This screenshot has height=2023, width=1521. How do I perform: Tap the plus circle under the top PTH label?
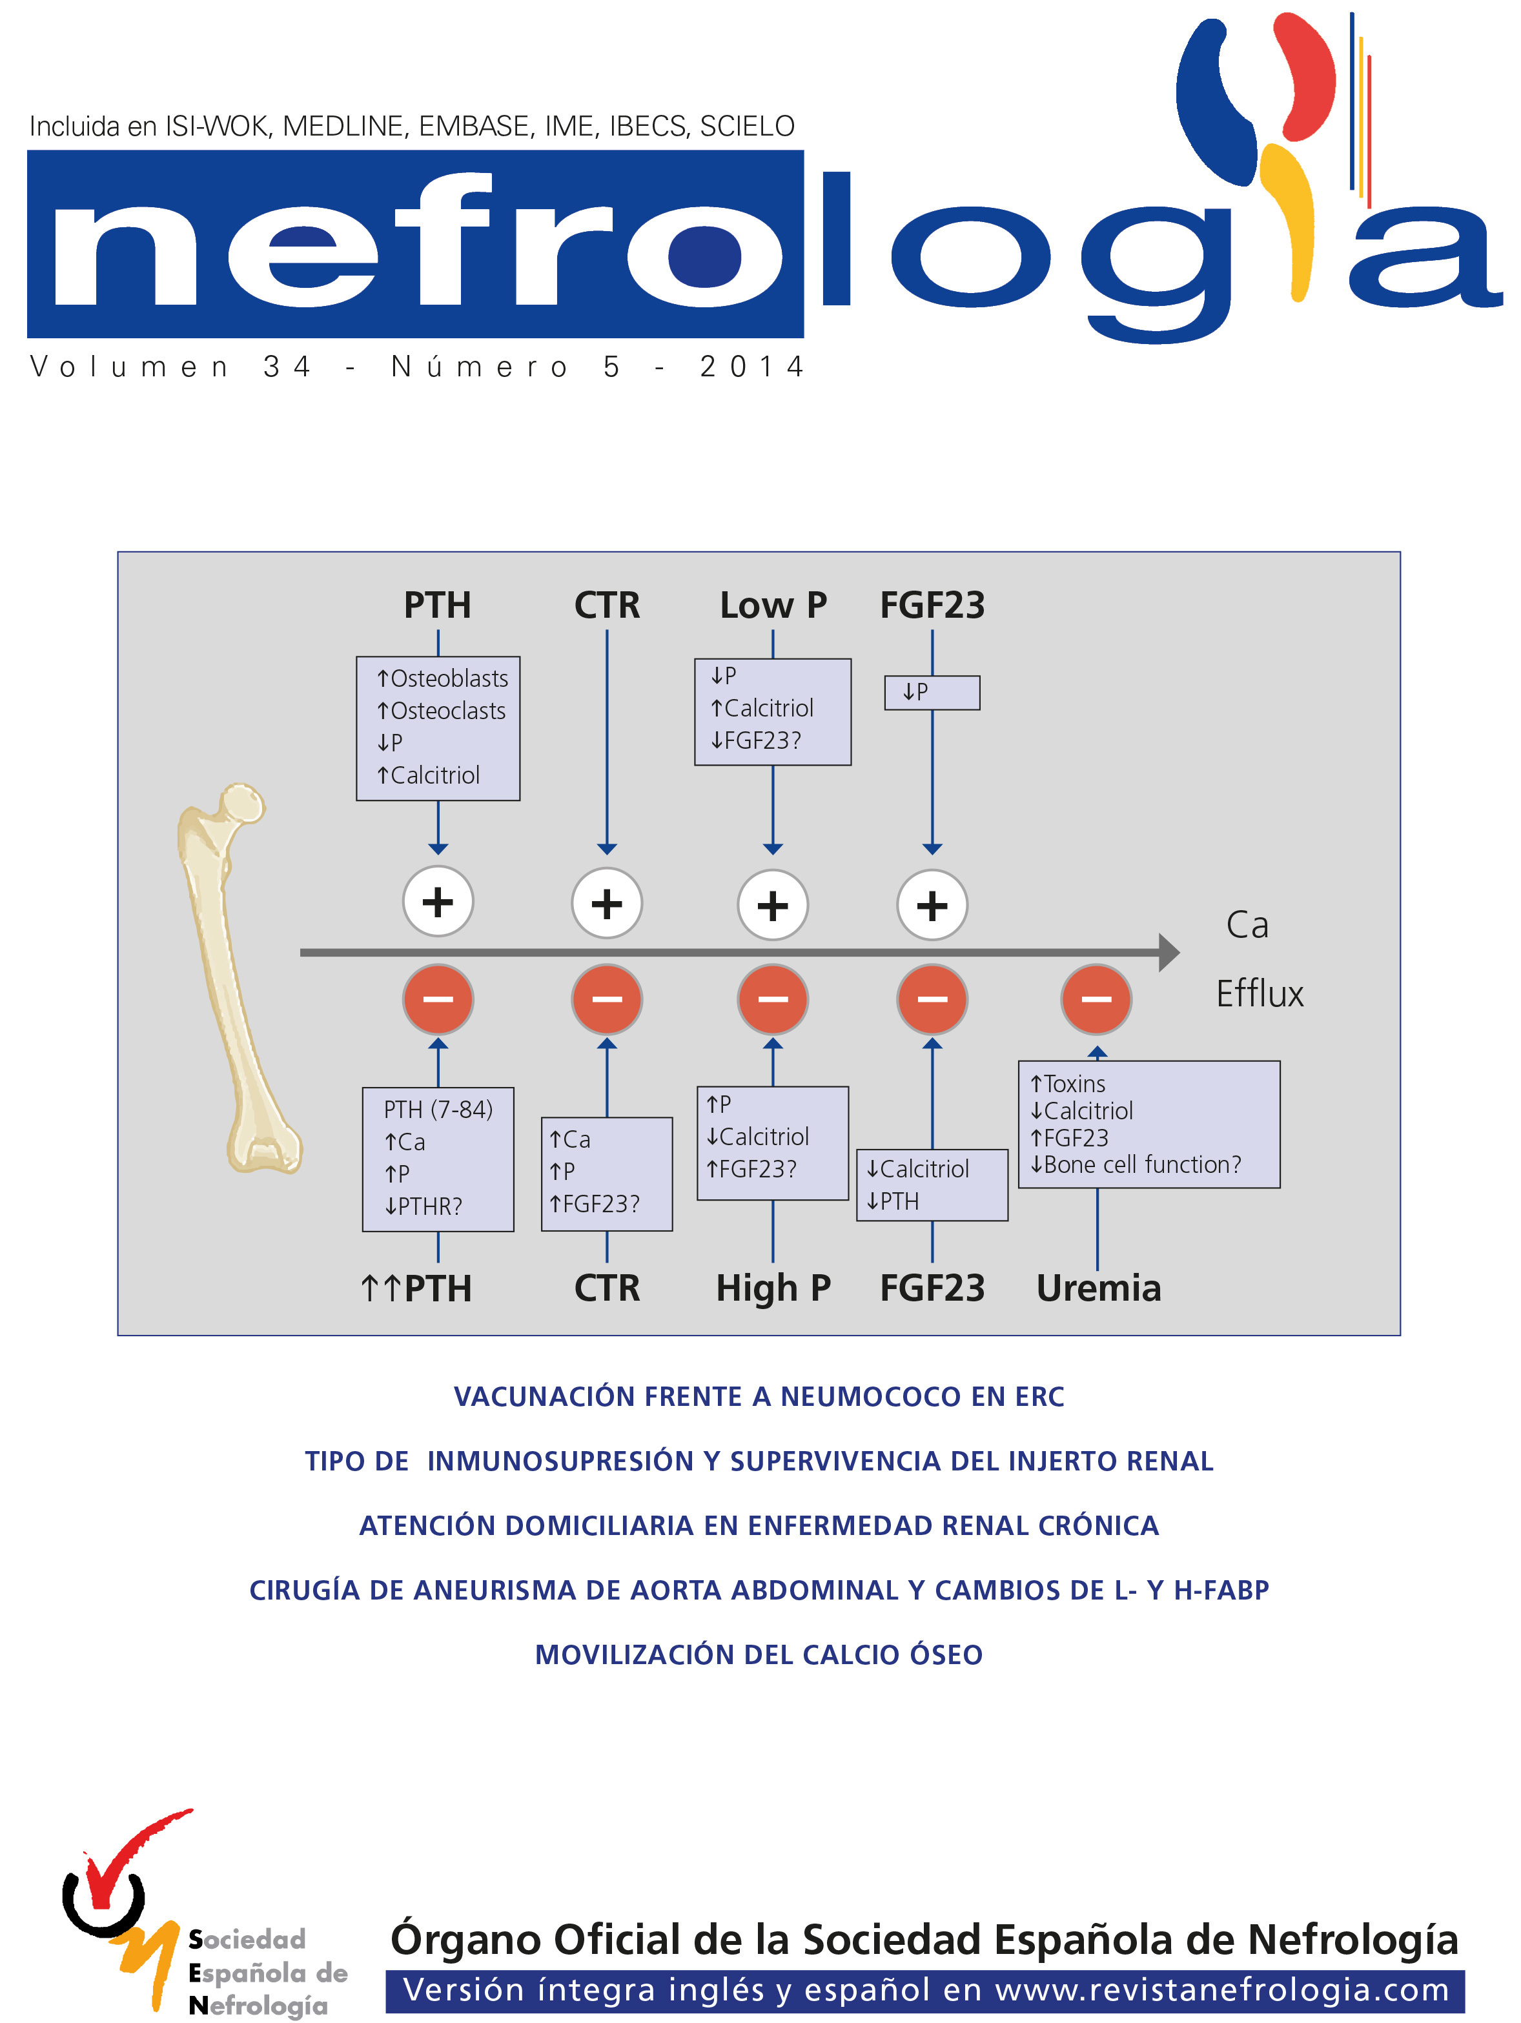coord(438,902)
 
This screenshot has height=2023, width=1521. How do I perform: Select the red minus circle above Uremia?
coord(1097,999)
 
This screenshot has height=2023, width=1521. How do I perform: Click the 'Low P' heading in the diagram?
coord(773,605)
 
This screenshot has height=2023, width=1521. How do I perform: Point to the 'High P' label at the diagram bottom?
coord(773,1288)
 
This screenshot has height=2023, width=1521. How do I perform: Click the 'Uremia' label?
coord(1098,1288)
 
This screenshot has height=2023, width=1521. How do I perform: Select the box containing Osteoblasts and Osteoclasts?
coord(438,728)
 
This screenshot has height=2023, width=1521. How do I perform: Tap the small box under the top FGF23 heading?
coord(932,693)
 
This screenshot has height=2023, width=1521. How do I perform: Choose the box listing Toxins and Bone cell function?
coord(1148,1124)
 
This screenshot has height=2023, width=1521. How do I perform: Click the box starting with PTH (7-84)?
coord(438,1159)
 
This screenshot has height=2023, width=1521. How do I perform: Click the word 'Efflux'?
coord(1260,994)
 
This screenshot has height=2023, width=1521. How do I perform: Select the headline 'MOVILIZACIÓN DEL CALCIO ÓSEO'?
coord(759,1654)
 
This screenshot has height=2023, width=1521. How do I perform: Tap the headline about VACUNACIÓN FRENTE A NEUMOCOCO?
coord(759,1396)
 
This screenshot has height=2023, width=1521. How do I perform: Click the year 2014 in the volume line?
coord(752,367)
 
